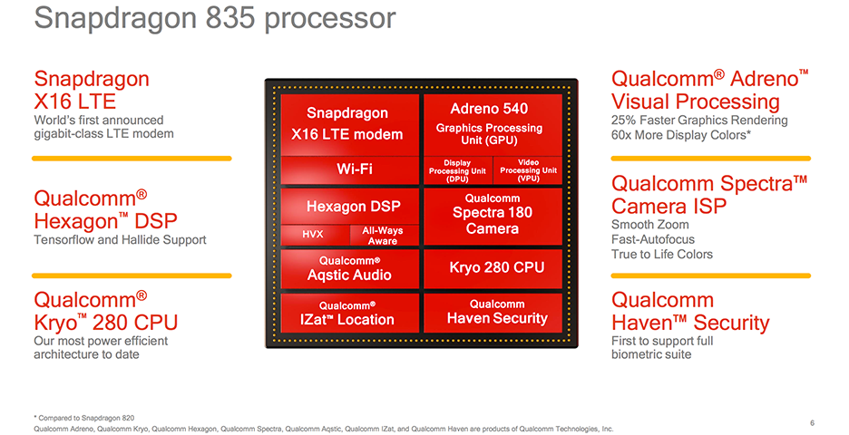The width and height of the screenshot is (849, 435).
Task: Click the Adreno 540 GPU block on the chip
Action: click(x=489, y=123)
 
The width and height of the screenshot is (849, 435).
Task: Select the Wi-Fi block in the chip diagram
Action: click(x=350, y=169)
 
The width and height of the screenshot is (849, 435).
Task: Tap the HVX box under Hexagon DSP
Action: click(x=313, y=235)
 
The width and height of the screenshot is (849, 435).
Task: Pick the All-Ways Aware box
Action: click(x=383, y=236)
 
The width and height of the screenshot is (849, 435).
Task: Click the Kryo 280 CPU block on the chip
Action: click(x=496, y=267)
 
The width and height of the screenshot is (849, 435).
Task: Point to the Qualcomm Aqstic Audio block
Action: click(x=350, y=268)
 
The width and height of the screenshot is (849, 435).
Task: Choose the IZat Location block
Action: click(x=350, y=313)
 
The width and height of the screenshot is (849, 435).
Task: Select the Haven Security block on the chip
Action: click(x=496, y=312)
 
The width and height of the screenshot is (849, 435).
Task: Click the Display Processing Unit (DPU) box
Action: click(x=457, y=171)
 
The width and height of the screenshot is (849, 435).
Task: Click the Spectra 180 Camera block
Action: click(x=493, y=213)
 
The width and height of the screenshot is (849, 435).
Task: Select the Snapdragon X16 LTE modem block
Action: click(x=350, y=124)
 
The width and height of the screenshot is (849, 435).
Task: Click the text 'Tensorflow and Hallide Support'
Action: click(x=120, y=240)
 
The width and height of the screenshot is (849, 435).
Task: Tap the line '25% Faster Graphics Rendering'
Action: click(x=699, y=121)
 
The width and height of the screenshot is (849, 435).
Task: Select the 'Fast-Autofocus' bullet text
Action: click(x=653, y=239)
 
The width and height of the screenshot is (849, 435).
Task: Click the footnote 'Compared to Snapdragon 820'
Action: click(x=87, y=417)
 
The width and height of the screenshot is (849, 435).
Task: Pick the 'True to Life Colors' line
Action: click(x=662, y=255)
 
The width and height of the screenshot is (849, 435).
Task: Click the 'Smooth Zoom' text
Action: click(x=649, y=225)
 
